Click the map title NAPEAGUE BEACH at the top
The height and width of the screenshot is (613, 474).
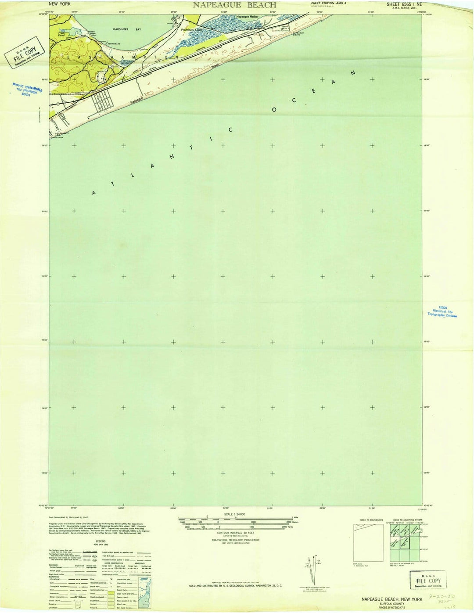point(234,5)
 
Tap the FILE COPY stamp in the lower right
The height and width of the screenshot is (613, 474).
point(428,580)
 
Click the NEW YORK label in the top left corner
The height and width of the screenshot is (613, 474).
point(60,4)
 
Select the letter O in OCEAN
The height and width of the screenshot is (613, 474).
point(274,110)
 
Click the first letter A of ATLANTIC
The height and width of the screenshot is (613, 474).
point(93,193)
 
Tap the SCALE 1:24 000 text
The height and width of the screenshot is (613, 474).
point(234,514)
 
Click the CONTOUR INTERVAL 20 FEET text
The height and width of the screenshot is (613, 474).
point(235,532)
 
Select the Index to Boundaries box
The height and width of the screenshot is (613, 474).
point(368,542)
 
